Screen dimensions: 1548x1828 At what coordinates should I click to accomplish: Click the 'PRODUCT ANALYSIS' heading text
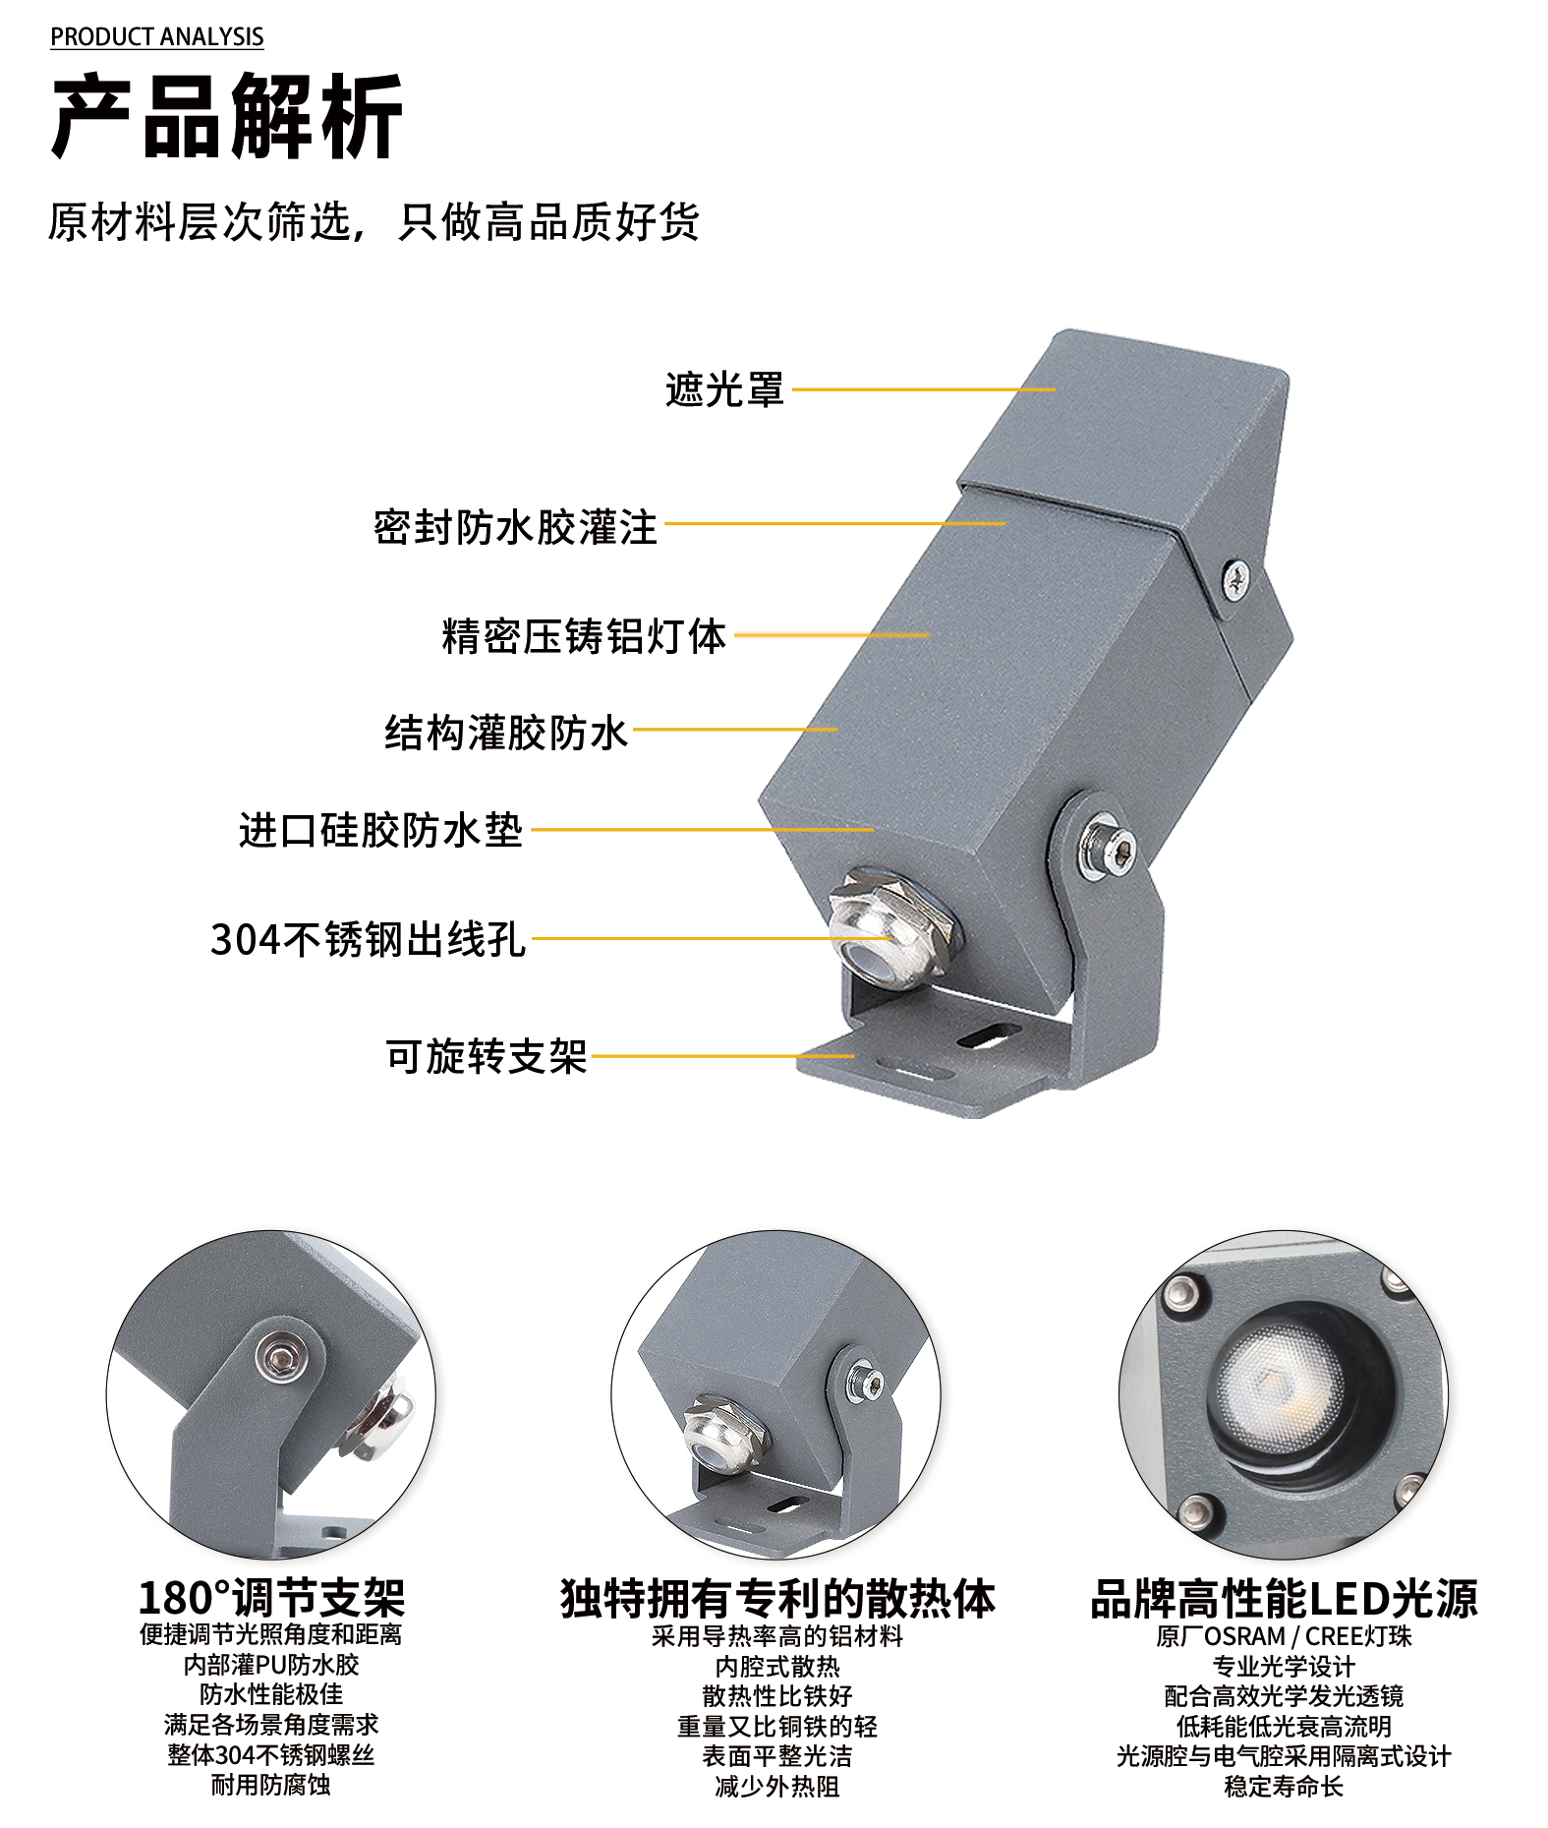[157, 37]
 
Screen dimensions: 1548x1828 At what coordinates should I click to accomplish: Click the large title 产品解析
[227, 117]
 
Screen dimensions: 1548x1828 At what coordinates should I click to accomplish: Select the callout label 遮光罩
[725, 389]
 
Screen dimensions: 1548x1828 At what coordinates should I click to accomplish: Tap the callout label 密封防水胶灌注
[515, 527]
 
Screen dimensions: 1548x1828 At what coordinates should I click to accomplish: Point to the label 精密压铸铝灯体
[584, 636]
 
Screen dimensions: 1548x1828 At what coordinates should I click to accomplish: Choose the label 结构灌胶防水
[506, 733]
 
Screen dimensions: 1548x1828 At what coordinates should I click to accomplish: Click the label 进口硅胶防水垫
[380, 830]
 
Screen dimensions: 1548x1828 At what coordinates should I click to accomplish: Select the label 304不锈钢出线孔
[369, 939]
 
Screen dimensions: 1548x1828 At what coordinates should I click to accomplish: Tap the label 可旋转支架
[487, 1057]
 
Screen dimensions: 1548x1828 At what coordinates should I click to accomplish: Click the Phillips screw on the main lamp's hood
[1235, 578]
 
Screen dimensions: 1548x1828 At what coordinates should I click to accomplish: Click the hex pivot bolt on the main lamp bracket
[1109, 846]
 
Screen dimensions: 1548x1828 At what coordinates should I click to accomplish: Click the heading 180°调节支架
[271, 1598]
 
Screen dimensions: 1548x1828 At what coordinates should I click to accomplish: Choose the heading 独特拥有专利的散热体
[777, 1598]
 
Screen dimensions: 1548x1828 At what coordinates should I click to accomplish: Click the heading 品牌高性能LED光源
[1284, 1598]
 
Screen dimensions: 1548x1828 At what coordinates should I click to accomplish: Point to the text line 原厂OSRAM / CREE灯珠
[1284, 1636]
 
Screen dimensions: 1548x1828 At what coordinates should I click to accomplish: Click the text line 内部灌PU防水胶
[271, 1665]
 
